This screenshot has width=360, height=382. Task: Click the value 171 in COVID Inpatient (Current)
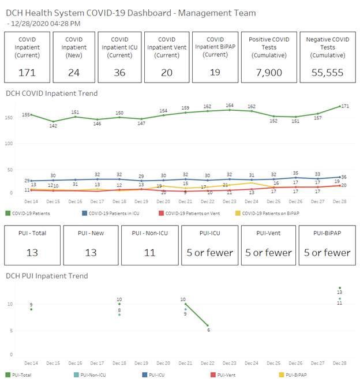point(27,73)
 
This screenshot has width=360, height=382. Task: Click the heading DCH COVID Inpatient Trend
point(51,93)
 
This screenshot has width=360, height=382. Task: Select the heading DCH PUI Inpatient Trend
point(47,276)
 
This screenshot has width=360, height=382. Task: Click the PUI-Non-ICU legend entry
point(92,375)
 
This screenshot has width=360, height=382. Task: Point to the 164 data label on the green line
point(230,106)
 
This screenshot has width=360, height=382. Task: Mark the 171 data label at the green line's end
point(344,107)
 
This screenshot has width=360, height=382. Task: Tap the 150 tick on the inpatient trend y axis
point(9,118)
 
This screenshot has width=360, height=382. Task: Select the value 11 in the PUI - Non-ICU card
point(148,252)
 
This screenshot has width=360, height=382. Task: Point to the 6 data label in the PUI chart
point(208,329)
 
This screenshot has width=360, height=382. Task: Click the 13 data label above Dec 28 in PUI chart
point(340,293)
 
